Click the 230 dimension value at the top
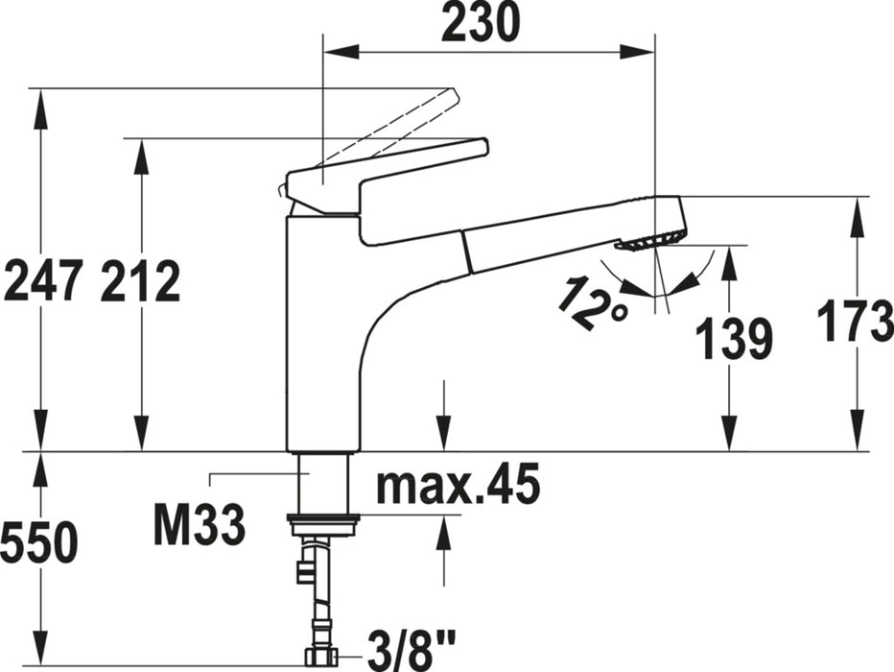pyautogui.click(x=481, y=22)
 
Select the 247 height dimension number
pyautogui.click(x=43, y=280)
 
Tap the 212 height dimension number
pyautogui.click(x=140, y=280)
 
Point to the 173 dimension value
pyautogui.click(x=855, y=322)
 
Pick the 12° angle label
pyautogui.click(x=593, y=302)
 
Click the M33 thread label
pyautogui.click(x=199, y=524)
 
